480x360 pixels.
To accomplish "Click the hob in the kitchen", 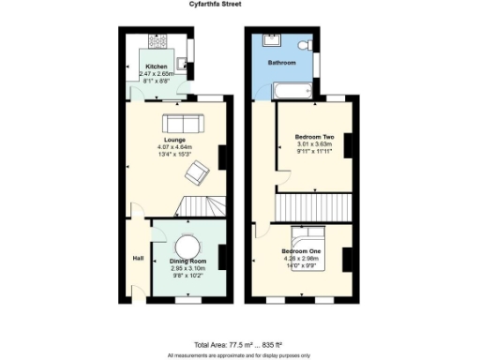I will click(x=156, y=42).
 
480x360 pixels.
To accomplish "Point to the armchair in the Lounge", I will click(x=197, y=172).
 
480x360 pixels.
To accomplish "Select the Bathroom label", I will click(x=281, y=63).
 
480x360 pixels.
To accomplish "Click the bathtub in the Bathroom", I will click(x=293, y=91).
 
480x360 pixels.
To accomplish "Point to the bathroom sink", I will click(x=275, y=41).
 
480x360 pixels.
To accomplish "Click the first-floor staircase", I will click(x=313, y=205).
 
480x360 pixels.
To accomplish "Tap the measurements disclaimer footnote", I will click(x=240, y=355).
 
